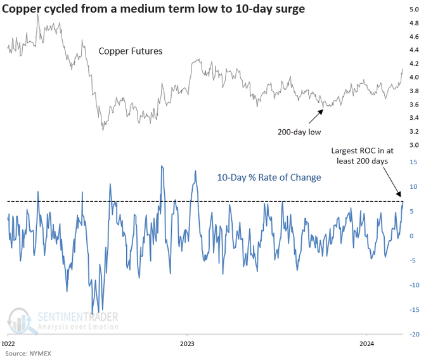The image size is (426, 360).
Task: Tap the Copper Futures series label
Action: click(x=131, y=51)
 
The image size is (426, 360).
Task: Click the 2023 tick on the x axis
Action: click(x=187, y=345)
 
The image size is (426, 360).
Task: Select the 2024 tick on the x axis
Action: click(x=366, y=345)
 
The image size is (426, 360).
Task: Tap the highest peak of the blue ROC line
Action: click(x=162, y=166)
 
